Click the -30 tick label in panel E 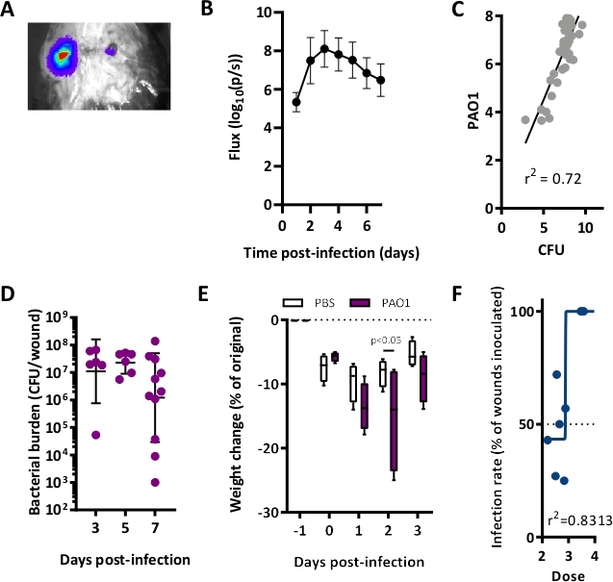tap(279, 512)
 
